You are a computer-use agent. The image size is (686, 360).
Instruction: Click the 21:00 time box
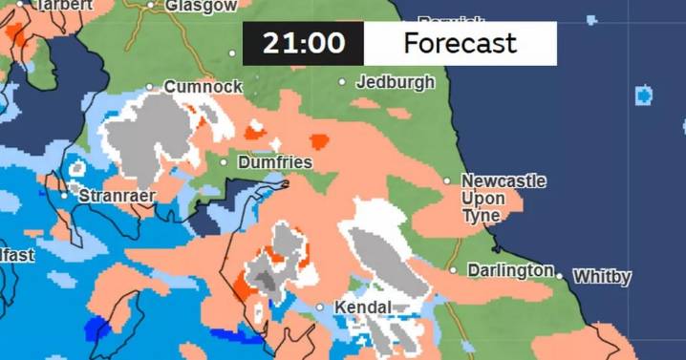pyautogui.click(x=304, y=44)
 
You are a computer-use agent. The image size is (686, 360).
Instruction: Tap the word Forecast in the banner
pyautogui.click(x=460, y=44)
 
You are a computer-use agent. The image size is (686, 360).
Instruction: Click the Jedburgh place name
pyautogui.click(x=395, y=82)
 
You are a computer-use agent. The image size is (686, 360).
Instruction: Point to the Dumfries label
pyautogui.click(x=274, y=163)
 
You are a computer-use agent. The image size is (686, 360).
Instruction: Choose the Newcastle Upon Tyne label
pyautogui.click(x=504, y=199)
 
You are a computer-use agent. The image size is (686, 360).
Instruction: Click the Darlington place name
pyautogui.click(x=510, y=271)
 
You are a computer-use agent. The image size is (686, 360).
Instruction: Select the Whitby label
pyautogui.click(x=602, y=278)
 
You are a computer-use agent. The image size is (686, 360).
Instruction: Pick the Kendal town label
pyautogui.click(x=362, y=307)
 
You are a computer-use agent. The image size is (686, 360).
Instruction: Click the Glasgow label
pyautogui.click(x=201, y=6)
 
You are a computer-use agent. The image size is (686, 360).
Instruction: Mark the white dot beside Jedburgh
pyautogui.click(x=343, y=82)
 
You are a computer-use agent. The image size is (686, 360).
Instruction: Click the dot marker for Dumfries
pyautogui.click(x=225, y=162)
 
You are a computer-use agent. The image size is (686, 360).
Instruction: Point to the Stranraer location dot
pyautogui.click(x=64, y=196)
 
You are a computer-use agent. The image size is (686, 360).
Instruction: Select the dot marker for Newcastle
pyautogui.click(x=447, y=180)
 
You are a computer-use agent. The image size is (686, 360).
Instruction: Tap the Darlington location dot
pyautogui.click(x=454, y=270)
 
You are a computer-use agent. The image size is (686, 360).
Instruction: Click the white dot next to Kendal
pyautogui.click(x=321, y=307)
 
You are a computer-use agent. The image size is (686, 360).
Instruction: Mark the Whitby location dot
pyautogui.click(x=560, y=277)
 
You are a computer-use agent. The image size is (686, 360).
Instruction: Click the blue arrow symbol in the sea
pyautogui.click(x=643, y=96)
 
